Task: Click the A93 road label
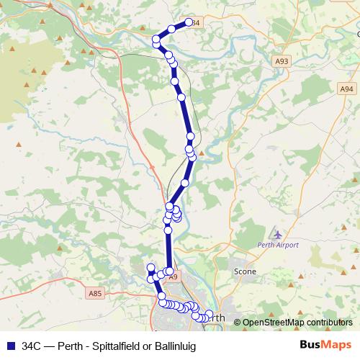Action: tap(282, 63)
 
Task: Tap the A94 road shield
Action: tap(347, 88)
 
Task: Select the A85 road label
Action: tap(95, 293)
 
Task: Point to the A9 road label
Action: tap(172, 276)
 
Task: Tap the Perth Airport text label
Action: tap(278, 245)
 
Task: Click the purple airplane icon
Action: tap(278, 234)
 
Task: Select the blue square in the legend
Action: tap(10, 346)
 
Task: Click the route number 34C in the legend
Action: tap(32, 346)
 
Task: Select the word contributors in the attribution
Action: tap(328, 323)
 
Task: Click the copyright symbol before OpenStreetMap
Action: tap(237, 323)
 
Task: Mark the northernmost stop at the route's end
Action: tap(189, 22)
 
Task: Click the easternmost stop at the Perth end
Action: tap(210, 314)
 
